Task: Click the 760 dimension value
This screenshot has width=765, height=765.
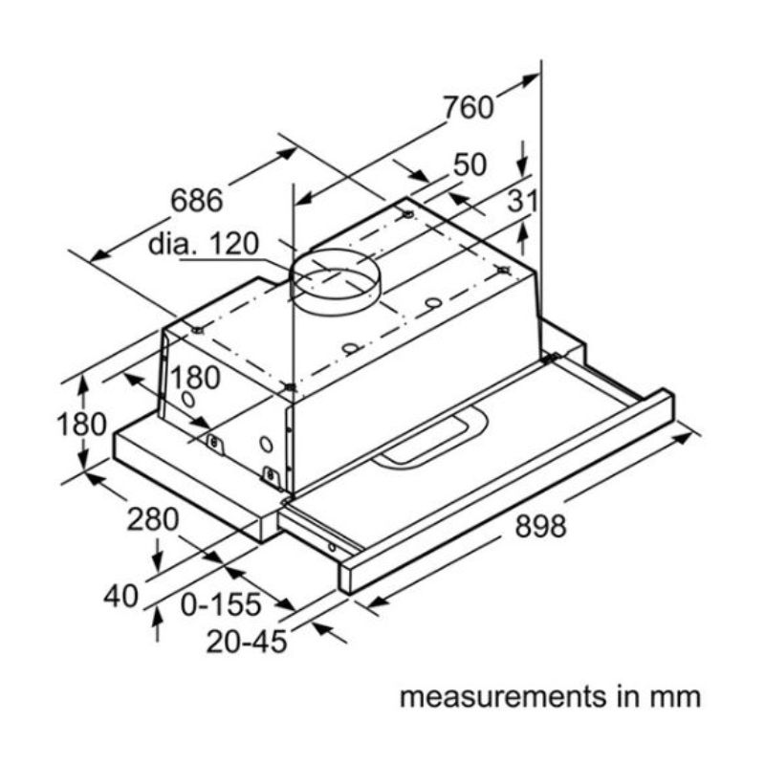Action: coord(468,107)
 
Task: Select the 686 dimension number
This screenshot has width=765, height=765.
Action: coord(196,201)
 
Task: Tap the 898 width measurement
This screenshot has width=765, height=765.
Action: coord(541,525)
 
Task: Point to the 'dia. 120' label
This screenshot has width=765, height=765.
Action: coord(203,244)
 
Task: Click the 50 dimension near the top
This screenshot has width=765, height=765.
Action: coord(470,164)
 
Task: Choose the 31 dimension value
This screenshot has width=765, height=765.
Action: coord(522,202)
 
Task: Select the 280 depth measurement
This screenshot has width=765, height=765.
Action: coord(153,519)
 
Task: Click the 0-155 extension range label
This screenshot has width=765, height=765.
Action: coord(221,604)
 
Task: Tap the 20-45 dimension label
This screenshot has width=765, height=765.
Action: coord(247,642)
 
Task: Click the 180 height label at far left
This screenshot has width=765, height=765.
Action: coord(81,423)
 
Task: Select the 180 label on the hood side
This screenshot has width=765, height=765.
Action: coord(195,378)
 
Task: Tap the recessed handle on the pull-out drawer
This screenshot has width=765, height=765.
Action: coord(430,441)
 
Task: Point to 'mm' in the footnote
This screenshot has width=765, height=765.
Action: coord(678,695)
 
